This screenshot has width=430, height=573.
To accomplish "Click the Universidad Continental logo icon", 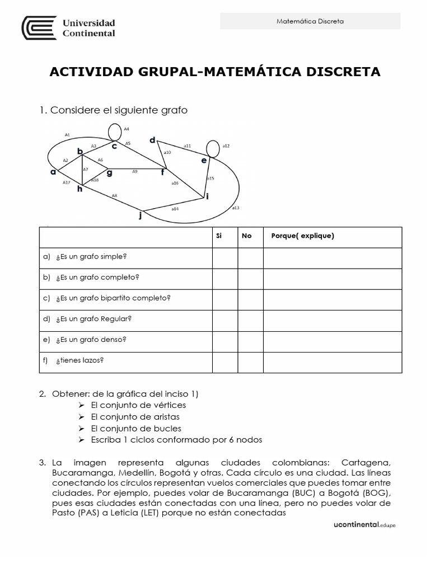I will click(x=40, y=28).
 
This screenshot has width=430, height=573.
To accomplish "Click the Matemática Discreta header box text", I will click(x=310, y=21).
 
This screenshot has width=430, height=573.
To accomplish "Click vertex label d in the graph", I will click(x=152, y=140).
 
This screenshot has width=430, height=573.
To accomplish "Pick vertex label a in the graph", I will click(x=53, y=172).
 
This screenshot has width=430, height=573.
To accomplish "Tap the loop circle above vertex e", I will click(x=213, y=148).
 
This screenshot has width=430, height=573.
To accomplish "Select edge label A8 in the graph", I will click(x=114, y=195).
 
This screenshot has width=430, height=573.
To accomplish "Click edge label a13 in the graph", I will click(x=235, y=208).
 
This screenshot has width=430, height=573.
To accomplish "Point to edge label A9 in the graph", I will click(x=135, y=171).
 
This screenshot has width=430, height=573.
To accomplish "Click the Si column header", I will click(x=219, y=236).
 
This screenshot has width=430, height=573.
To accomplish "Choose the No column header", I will click(x=246, y=236).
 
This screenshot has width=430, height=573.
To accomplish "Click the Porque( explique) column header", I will click(x=302, y=236).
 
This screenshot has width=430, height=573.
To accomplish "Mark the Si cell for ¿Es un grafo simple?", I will click(x=225, y=258).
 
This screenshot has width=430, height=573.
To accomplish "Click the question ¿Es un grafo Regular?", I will click(x=94, y=319).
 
